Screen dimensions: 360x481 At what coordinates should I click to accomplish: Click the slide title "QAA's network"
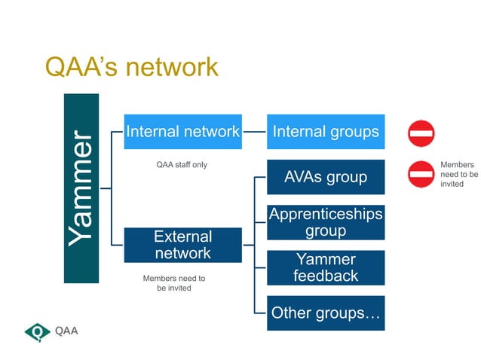(131, 67)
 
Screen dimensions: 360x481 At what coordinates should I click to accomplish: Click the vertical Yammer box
(81, 188)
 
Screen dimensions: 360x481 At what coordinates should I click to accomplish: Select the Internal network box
(182, 132)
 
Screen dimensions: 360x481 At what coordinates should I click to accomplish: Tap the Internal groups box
(326, 132)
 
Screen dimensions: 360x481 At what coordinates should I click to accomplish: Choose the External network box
(182, 245)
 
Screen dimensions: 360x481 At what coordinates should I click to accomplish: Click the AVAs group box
(326, 177)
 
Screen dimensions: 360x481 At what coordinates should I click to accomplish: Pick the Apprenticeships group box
(326, 222)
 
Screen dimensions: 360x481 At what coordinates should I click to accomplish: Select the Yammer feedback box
(326, 267)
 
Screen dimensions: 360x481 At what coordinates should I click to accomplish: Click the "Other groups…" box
(326, 313)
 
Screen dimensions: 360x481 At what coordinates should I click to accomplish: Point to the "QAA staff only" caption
(182, 164)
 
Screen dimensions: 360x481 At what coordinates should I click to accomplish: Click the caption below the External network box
(174, 283)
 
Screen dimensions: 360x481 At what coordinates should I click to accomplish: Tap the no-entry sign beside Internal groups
(421, 133)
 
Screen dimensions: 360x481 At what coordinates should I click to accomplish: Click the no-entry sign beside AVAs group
(421, 174)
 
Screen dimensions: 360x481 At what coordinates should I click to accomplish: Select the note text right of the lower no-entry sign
(458, 174)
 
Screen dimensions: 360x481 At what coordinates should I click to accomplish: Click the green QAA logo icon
(37, 331)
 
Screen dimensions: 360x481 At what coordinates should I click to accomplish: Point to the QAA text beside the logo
(66, 331)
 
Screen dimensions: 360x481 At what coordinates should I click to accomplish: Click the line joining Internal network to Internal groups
(255, 132)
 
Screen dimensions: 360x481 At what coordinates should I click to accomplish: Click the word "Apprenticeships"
(326, 215)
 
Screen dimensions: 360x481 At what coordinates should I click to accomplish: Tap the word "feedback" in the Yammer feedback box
(326, 276)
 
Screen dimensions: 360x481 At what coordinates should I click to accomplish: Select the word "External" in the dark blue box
(182, 236)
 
